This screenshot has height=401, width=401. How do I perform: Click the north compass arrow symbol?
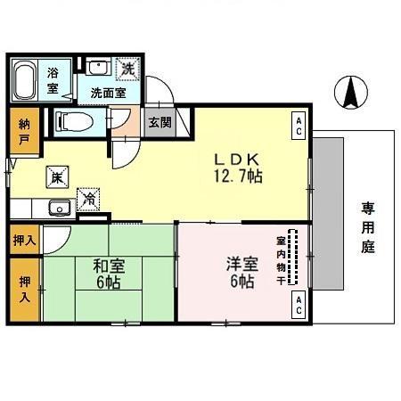tap(352, 91)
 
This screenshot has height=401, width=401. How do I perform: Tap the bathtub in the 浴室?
tap(27, 81)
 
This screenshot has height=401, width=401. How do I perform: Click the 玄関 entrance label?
tap(160, 122)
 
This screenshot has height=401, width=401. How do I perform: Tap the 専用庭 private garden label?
tap(368, 228)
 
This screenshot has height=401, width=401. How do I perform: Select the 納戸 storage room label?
tap(23, 132)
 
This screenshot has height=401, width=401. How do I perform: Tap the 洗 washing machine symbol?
tap(127, 68)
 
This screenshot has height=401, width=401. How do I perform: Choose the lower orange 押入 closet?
tap(25, 289)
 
